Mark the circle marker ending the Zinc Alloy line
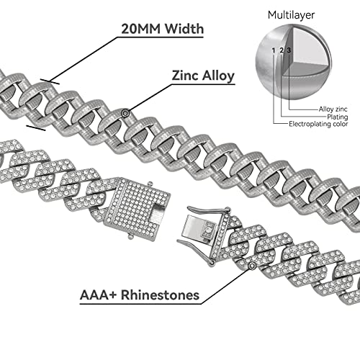click(x=127, y=112)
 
